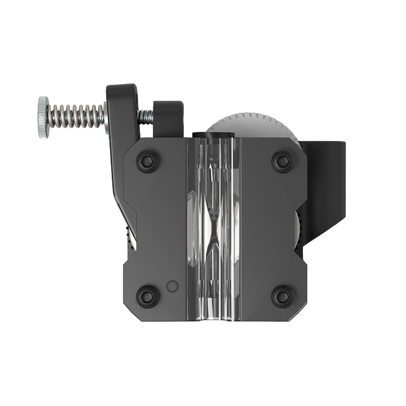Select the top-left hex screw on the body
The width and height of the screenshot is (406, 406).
click(x=148, y=161)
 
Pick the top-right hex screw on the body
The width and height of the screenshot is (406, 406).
click(x=283, y=161)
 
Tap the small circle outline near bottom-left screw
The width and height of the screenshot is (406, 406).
click(x=173, y=286)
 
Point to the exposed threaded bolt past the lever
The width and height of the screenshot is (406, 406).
click(x=145, y=117)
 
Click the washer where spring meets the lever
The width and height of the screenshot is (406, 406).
click(x=105, y=117)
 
